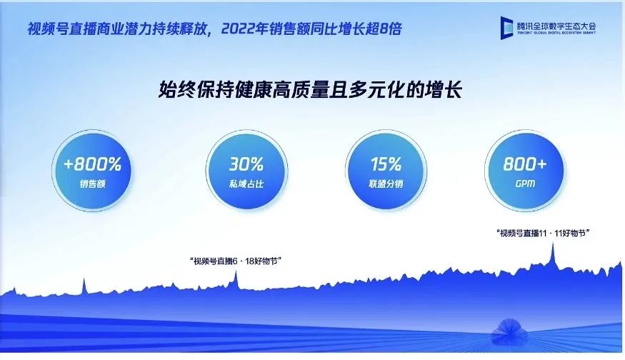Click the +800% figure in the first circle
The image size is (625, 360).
(92, 164)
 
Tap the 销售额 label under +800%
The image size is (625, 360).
(92, 184)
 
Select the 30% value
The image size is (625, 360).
(246, 164)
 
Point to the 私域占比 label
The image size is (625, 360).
(246, 184)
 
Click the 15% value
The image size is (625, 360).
(386, 164)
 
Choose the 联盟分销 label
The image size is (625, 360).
(386, 184)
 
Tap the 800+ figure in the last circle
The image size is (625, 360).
(524, 164)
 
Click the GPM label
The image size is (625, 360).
(525, 184)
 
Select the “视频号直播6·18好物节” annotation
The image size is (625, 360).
(236, 261)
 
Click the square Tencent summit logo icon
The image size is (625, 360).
(507, 28)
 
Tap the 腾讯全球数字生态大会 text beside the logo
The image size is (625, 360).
(556, 26)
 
